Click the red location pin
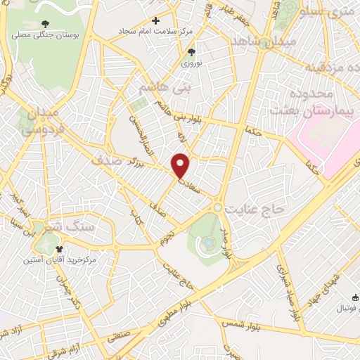[x=181, y=165]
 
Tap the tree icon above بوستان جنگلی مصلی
[x=46, y=25]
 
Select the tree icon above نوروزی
[x=192, y=52]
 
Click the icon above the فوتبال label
[x=355, y=298]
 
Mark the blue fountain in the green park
[x=208, y=243]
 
